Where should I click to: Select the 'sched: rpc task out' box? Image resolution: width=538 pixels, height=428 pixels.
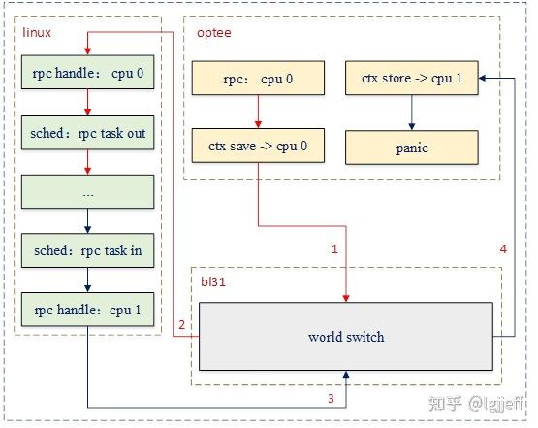click(x=87, y=134)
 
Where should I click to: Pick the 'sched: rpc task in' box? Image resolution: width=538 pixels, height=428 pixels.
click(x=87, y=250)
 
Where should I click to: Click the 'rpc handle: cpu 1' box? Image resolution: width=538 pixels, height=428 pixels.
click(x=87, y=310)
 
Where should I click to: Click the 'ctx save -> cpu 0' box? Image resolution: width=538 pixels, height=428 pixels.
click(x=258, y=148)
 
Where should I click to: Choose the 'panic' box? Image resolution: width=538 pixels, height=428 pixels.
click(x=412, y=148)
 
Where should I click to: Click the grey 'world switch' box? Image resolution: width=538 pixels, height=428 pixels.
click(x=346, y=337)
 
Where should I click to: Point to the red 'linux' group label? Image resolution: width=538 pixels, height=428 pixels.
click(x=36, y=33)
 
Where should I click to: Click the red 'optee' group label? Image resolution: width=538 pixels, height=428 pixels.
click(x=213, y=33)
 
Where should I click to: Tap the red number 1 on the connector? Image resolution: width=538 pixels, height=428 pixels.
click(x=334, y=249)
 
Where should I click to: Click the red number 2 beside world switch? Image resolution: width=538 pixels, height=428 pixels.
click(x=181, y=324)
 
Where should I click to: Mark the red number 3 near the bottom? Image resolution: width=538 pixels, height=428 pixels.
click(x=330, y=397)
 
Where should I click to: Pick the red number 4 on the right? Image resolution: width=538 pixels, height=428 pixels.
click(x=502, y=249)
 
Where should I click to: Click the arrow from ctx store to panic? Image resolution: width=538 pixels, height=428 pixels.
click(x=412, y=114)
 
